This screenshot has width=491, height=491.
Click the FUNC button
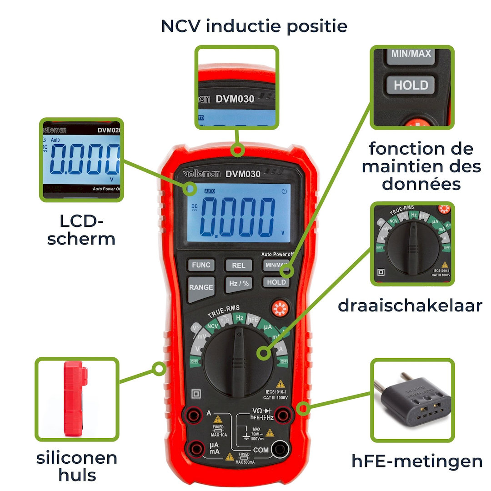(x=200, y=265)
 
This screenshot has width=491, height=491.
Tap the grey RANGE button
(x=200, y=288)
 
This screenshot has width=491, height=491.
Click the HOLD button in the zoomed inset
(x=411, y=85)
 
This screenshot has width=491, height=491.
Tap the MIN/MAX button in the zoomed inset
(x=411, y=54)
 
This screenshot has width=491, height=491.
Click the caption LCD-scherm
(x=81, y=230)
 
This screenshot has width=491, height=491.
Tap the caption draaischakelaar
(x=410, y=306)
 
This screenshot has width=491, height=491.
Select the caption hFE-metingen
(x=417, y=461)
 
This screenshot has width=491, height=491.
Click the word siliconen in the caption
(x=77, y=458)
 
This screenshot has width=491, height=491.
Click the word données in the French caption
(x=421, y=184)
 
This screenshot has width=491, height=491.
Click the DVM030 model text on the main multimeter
(x=243, y=174)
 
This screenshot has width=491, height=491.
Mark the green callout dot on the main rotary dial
(x=262, y=353)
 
